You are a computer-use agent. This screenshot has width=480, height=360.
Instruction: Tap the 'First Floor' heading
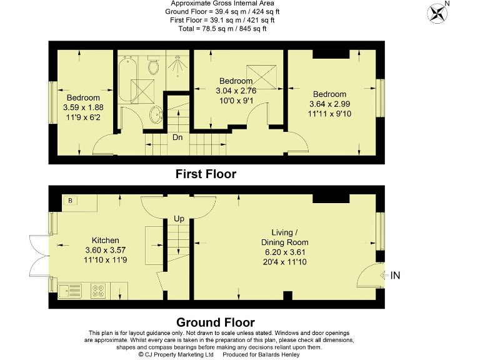tap(206, 174)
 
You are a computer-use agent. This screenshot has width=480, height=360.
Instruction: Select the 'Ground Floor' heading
tap(215, 322)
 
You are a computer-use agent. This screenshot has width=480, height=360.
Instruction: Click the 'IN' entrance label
tap(396, 274)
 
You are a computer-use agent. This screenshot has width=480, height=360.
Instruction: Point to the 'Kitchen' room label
tap(105, 240)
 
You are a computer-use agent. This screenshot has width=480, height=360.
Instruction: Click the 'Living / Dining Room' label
tap(284, 237)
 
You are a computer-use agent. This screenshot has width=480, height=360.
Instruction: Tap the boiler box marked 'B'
tap(71, 201)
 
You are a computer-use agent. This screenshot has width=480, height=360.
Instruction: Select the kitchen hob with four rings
tap(99, 289)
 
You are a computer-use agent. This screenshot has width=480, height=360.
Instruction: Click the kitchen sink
tap(67, 289)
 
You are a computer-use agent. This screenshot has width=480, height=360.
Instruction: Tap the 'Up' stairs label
tap(179, 219)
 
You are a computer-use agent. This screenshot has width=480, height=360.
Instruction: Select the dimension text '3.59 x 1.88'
tap(83, 107)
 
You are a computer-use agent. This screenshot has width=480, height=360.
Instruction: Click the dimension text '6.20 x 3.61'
tap(284, 252)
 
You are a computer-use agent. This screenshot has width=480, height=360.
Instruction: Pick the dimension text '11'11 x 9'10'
tap(329, 114)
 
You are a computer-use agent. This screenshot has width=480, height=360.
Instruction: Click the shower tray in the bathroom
tap(179, 69)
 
